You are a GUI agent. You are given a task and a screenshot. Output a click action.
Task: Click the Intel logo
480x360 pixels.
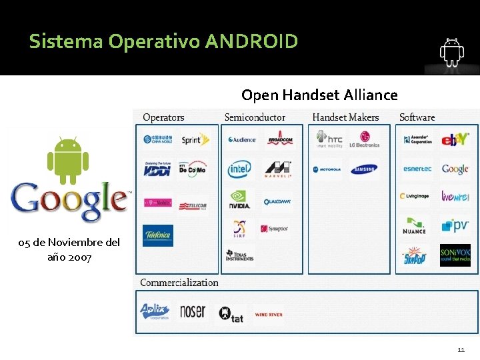pos(239,169)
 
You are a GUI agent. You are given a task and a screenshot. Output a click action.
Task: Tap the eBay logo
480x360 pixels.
pos(455,140)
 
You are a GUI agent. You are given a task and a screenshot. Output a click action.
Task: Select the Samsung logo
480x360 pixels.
pos(364,169)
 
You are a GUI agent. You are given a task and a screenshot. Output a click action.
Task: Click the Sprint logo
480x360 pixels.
pos(195,140)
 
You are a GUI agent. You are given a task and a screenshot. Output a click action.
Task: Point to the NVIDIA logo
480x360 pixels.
pos(239,200)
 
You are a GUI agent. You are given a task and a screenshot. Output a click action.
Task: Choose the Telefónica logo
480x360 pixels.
pos(157,235)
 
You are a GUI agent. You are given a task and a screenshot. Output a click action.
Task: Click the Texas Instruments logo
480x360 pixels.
pos(239,255)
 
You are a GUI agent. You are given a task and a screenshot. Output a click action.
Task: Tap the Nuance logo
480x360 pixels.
pos(414,227)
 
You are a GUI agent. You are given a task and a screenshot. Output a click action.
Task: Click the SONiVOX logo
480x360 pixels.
pos(455,255)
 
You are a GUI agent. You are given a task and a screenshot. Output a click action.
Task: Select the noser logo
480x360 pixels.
pos(193,312)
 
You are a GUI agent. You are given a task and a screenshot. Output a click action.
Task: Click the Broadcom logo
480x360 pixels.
pos(279,140)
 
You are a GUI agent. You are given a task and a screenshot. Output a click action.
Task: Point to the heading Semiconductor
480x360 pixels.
pos(255,117)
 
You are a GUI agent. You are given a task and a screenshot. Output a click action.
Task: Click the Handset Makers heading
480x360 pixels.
pos(345,117)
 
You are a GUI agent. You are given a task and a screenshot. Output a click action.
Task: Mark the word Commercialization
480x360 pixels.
pos(179,283)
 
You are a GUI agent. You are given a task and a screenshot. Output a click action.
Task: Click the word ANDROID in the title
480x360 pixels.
pos(251,42)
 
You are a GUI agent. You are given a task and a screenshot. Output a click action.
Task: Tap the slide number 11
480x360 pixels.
pos(461,349)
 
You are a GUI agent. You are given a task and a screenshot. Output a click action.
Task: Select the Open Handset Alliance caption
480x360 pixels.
pos(319,95)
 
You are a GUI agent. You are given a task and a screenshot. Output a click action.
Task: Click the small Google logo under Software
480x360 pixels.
pos(455,169)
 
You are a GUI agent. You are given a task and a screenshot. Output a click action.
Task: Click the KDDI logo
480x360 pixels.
pos(157,169)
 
